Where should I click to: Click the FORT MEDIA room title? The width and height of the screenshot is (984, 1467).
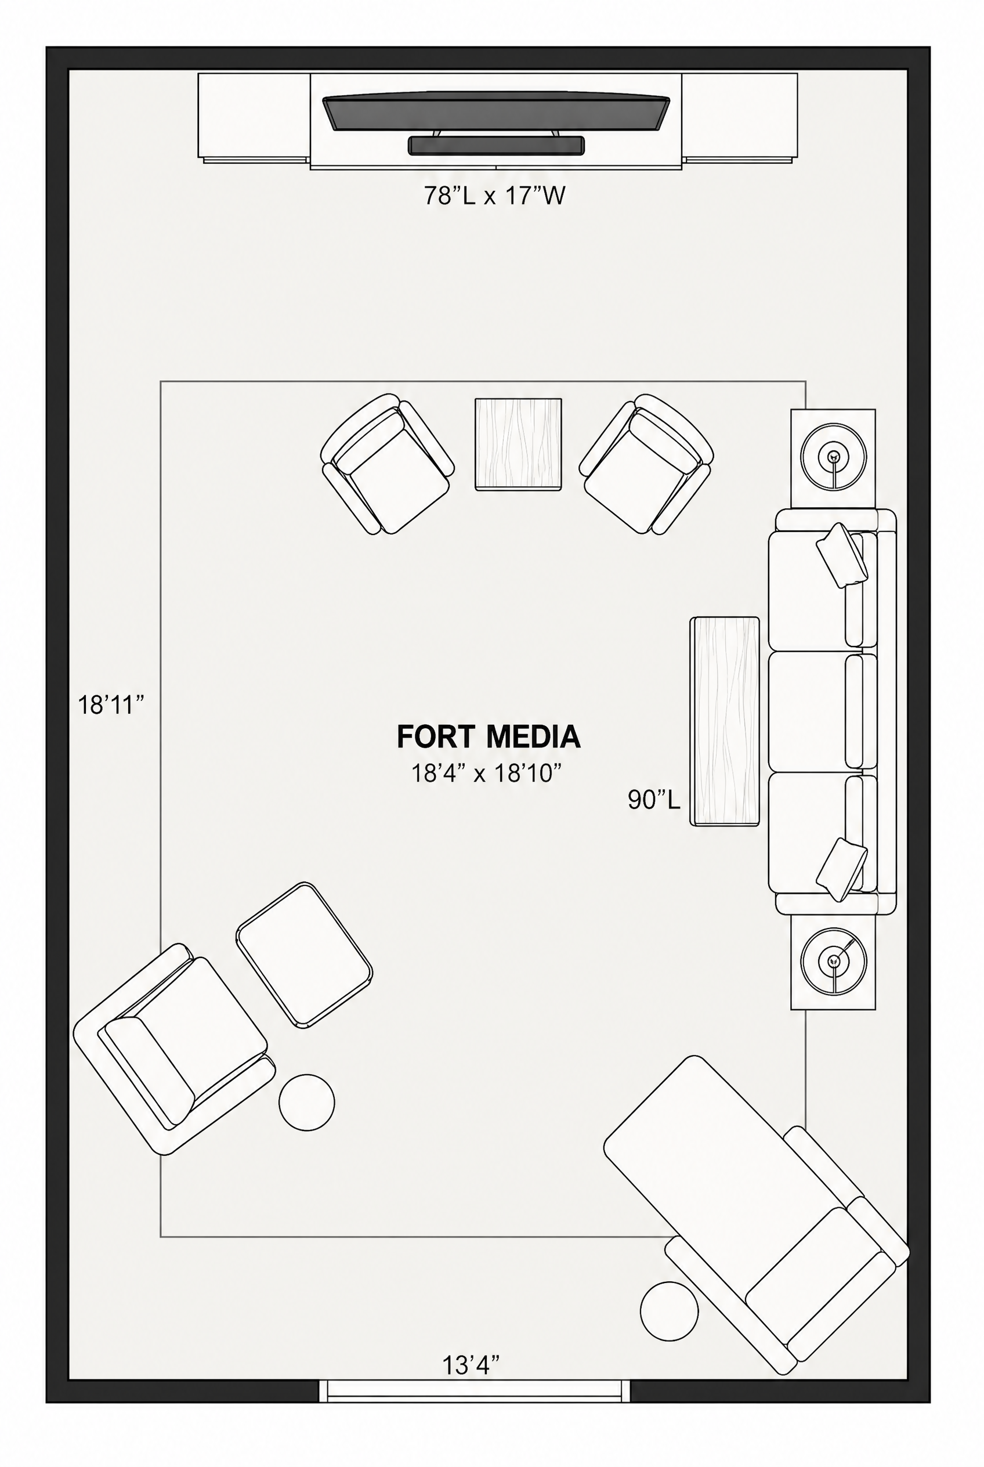tap(489, 737)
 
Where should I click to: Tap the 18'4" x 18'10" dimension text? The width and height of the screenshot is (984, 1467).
tap(486, 774)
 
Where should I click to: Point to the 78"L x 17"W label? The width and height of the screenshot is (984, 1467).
tap(494, 196)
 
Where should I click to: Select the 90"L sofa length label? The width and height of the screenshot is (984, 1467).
tap(654, 800)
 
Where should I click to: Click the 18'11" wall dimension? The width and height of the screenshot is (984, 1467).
tap(111, 705)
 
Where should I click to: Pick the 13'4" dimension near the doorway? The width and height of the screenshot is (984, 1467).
tap(471, 1365)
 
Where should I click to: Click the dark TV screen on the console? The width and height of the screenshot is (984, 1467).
tap(495, 113)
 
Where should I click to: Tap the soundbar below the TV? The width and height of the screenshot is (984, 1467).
tap(495, 146)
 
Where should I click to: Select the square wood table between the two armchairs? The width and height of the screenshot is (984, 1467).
tap(518, 445)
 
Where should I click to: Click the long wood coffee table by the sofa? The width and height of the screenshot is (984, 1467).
tap(725, 721)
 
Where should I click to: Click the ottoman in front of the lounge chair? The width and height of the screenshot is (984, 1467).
tap(305, 955)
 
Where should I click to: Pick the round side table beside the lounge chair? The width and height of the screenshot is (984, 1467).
tap(307, 1103)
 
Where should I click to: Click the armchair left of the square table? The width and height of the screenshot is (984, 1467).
tap(387, 464)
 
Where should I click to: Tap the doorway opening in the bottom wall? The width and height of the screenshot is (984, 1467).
tap(475, 1391)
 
